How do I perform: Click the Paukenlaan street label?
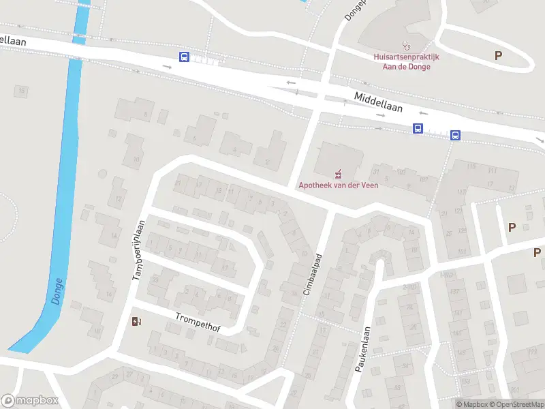point(362,348)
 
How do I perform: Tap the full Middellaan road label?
point(378,102)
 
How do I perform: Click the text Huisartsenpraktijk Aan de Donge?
point(406,62)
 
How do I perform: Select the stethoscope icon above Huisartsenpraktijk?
point(407,46)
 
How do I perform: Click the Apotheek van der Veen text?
point(338,185)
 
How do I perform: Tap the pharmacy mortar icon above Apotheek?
point(339,173)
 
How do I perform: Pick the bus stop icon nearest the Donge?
point(185,57)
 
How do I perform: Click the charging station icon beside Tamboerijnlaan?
point(137,321)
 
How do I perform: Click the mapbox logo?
point(29,401)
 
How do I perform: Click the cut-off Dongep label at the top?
point(354,8)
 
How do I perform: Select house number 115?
point(471,167)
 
